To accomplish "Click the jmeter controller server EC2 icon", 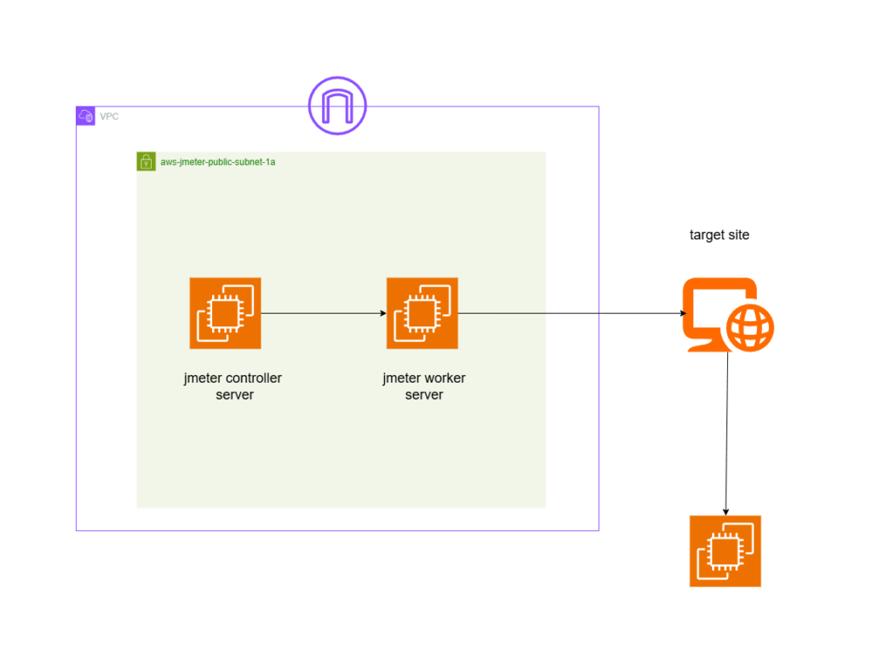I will coord(226,313).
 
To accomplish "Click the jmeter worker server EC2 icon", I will coord(422,313).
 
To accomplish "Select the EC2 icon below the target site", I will coord(725,551).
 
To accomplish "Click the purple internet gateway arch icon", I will coord(337,107).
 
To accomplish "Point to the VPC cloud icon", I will coord(85,116).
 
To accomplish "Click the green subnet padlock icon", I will coord(146,161).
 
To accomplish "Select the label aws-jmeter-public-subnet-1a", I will coord(218,161).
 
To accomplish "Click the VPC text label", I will coord(109,116).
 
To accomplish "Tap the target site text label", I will coord(720,235).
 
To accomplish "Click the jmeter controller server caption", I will coord(234,386).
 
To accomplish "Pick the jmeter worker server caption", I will coord(424,386).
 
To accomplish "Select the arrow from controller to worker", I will coord(324,313).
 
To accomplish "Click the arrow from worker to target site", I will coord(571,313).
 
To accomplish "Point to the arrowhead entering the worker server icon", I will coord(382,313).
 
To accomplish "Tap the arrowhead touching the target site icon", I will coord(683,314).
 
